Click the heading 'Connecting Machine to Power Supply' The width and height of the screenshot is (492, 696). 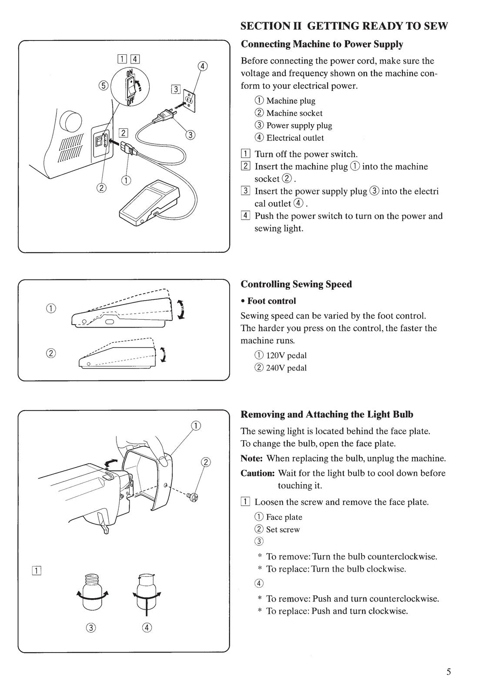[322, 44]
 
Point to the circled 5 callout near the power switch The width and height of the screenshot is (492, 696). [103, 86]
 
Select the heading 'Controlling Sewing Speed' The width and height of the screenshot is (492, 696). [296, 284]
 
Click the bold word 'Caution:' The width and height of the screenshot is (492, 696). [258, 473]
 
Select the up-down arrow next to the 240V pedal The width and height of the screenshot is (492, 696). [163, 355]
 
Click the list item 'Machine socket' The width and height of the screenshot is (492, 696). [294, 113]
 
